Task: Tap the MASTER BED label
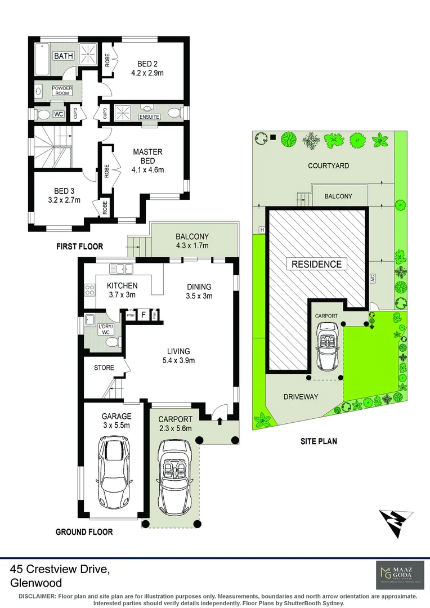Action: [x=147, y=156]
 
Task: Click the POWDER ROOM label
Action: [x=62, y=90]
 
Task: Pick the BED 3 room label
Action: [x=64, y=191]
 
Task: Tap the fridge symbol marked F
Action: [x=144, y=315]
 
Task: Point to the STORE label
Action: [x=104, y=368]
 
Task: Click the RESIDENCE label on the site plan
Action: [x=316, y=264]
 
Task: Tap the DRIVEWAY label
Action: [x=301, y=397]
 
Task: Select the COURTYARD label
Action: [x=328, y=166]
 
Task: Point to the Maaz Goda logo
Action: [x=397, y=574]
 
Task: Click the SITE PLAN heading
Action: [x=318, y=441]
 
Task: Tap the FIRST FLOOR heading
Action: [x=79, y=247]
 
